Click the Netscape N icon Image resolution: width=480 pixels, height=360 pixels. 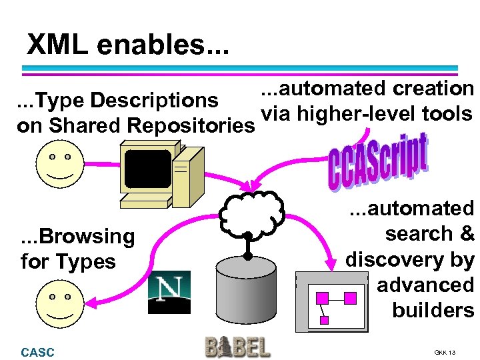tap(169, 292)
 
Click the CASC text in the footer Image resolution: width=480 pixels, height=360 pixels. tap(38, 352)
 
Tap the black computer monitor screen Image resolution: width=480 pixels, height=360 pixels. tap(148, 169)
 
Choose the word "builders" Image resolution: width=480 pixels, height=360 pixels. tap(433, 310)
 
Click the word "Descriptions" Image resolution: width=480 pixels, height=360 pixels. tap(154, 100)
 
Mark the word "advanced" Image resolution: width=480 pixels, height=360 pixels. tap(425, 285)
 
